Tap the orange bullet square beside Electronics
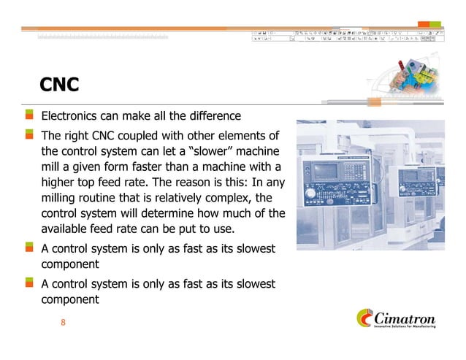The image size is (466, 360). pyautogui.click(x=30, y=115)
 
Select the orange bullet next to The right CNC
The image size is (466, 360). pyautogui.click(x=30, y=135)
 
